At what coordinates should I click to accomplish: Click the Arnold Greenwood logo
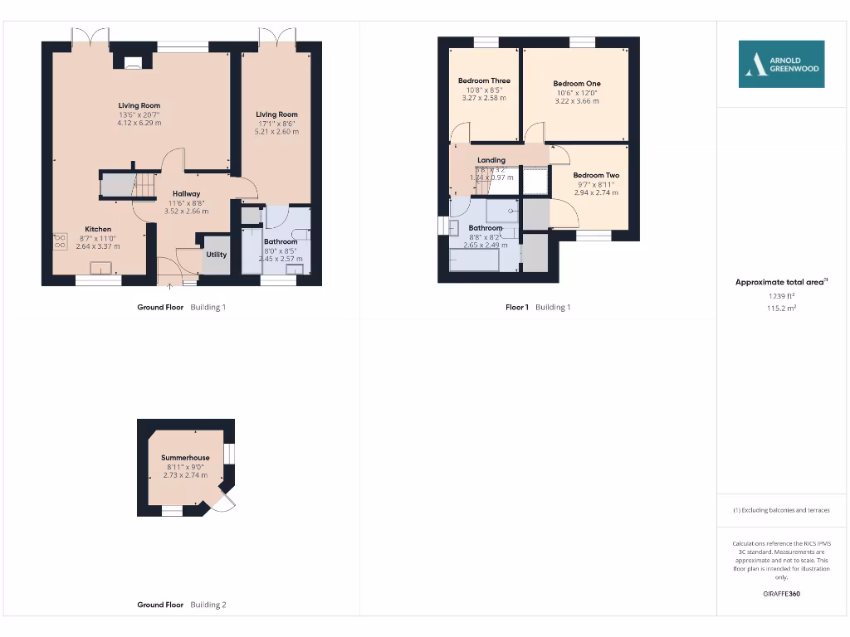point(781,64)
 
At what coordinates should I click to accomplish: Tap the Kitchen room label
point(98,229)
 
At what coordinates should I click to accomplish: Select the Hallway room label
point(187,193)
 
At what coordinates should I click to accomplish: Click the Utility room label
point(217,255)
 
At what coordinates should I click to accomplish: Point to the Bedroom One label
point(576,84)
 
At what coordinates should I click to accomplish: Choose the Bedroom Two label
point(595,175)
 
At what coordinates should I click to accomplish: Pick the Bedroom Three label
point(484,80)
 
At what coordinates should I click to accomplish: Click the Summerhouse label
point(185,457)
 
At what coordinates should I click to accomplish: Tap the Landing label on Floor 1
point(491,160)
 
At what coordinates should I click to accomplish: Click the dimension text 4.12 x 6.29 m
point(139,123)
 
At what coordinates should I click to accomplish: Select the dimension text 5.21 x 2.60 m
point(276,132)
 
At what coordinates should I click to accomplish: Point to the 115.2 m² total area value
point(780,308)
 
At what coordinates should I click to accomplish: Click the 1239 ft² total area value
point(780,295)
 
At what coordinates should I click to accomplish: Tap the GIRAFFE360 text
point(780,594)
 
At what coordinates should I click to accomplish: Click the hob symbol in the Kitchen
point(61,241)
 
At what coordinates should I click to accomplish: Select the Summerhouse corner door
point(223,499)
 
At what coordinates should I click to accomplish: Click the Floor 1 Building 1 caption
point(538,307)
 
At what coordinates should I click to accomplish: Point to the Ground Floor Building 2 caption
point(181,605)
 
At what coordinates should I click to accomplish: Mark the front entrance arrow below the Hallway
point(171,287)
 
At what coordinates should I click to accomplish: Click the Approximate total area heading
point(780,282)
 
